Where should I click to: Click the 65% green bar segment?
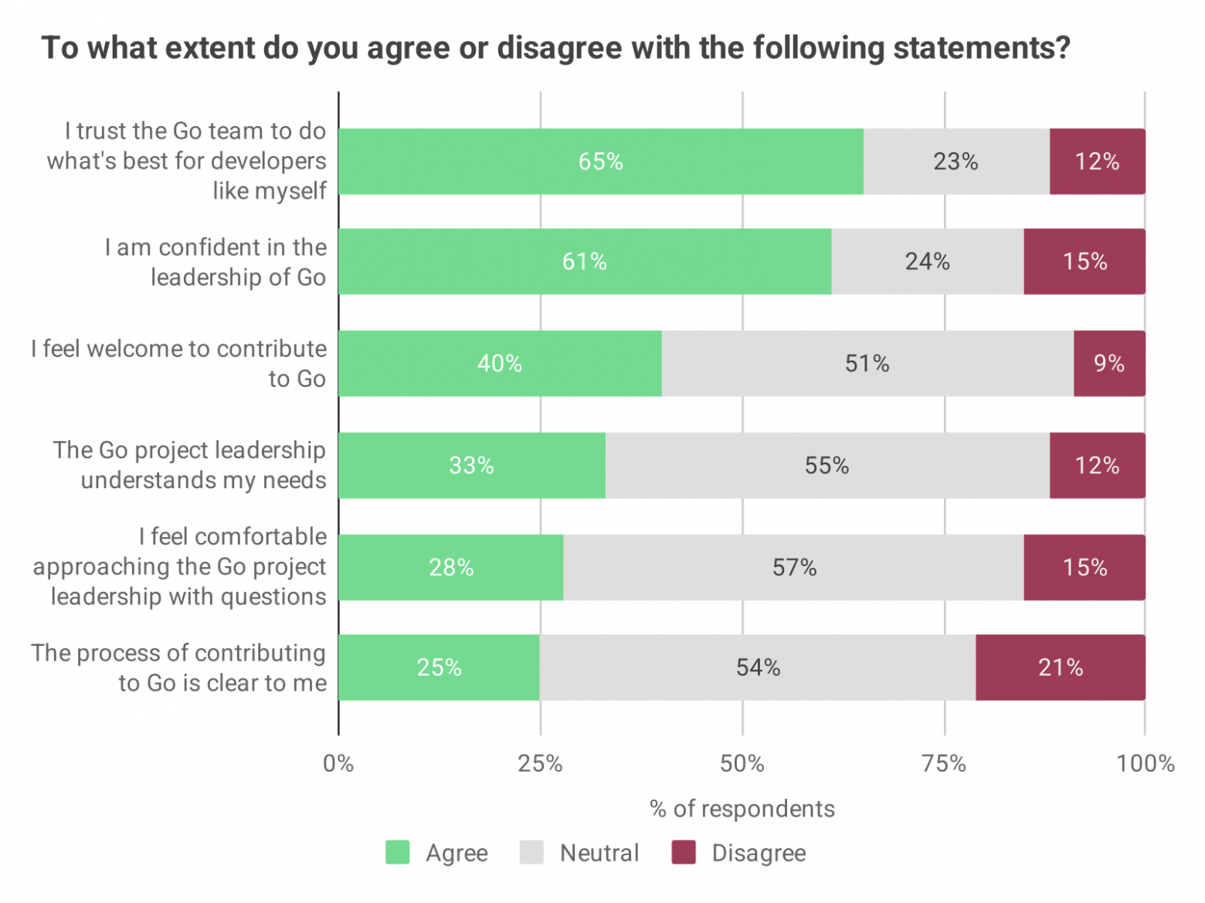[600, 161]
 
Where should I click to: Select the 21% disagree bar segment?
[1060, 667]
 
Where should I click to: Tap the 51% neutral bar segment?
[867, 364]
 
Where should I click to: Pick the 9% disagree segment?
[1108, 364]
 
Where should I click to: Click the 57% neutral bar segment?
[793, 568]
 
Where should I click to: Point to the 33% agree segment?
[471, 466]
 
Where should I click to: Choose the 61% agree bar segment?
[584, 262]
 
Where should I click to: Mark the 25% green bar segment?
[439, 667]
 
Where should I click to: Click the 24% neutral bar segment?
[927, 262]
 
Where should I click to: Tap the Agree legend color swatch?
[398, 853]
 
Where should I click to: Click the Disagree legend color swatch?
[684, 853]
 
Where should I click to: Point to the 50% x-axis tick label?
[742, 764]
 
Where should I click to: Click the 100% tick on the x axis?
[1145, 764]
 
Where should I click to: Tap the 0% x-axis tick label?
[338, 764]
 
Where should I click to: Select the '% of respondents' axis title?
[742, 809]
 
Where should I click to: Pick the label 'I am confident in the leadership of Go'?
[216, 262]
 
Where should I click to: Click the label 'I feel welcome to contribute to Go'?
[179, 364]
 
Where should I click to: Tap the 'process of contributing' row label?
[179, 667]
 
